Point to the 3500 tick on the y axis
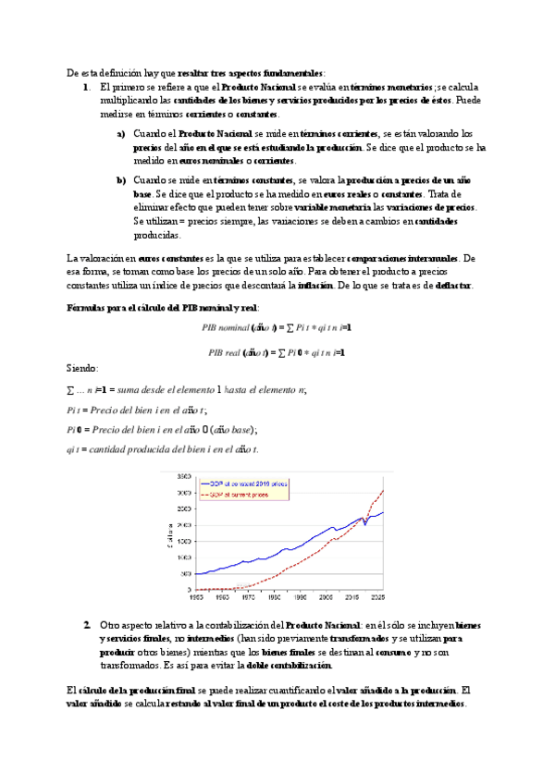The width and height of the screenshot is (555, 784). click(184, 476)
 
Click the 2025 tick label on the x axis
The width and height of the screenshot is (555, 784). click(379, 596)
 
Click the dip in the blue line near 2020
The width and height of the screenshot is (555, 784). click(364, 524)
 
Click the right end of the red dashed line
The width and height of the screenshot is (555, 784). click(383, 490)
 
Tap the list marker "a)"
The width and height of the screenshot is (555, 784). click(122, 134)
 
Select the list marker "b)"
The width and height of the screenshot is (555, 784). click(122, 179)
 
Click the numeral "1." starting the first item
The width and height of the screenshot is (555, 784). click(86, 86)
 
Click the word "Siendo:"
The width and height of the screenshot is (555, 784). click(86, 368)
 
